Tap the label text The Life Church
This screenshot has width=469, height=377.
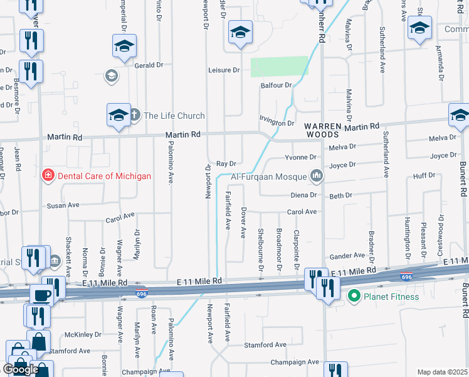(x=174, y=116)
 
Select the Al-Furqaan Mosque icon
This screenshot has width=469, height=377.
(x=317, y=176)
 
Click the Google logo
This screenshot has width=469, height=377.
(x=21, y=369)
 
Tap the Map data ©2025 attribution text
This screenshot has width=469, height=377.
(x=441, y=372)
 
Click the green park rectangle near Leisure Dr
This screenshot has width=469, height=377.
(x=280, y=67)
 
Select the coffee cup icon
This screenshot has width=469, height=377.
(x=43, y=295)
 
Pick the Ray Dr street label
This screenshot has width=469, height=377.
(x=226, y=163)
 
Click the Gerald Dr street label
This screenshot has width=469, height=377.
(x=149, y=65)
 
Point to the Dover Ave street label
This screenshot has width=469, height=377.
(x=243, y=222)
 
